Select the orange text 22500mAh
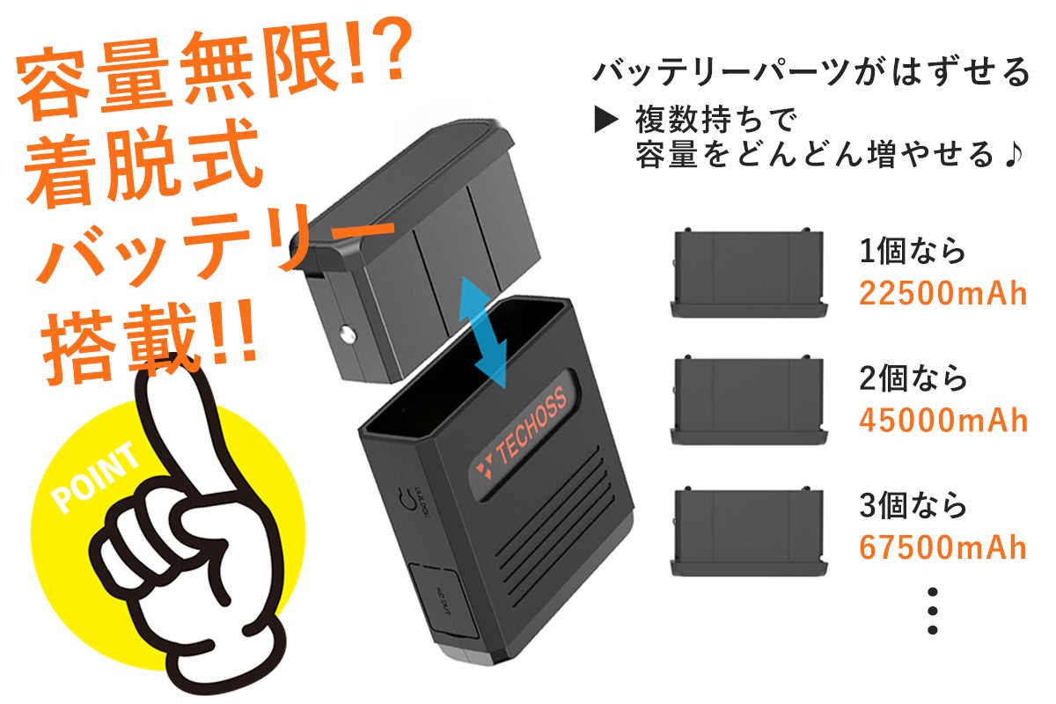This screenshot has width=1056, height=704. tap(943, 293)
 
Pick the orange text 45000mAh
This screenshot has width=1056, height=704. tap(943, 420)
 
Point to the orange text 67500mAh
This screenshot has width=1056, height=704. tap(943, 546)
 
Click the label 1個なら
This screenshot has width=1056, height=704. tap(913, 253)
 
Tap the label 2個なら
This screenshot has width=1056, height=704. tap(913, 379)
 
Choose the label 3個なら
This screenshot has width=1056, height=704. tap(913, 506)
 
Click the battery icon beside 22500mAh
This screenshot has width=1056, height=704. tap(749, 274)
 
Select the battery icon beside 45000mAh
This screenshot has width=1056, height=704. tap(749, 400)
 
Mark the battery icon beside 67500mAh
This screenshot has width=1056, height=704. tap(749, 532)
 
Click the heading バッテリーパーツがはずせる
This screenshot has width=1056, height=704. tap(810, 71)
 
